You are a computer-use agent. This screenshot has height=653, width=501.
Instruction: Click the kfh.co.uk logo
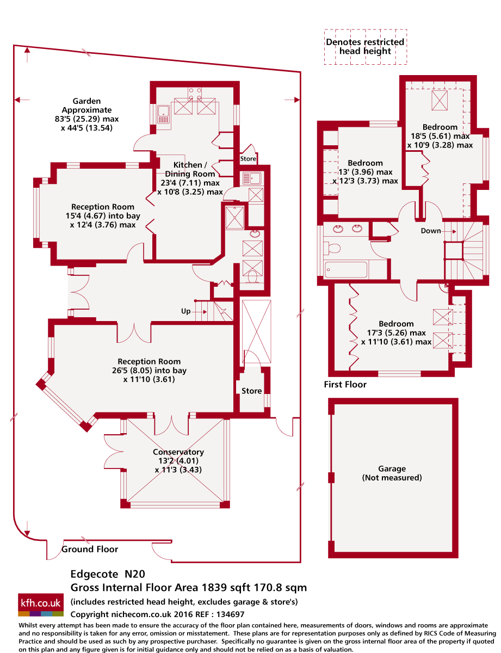(41, 605)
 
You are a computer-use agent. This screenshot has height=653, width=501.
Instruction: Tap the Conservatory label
(178, 452)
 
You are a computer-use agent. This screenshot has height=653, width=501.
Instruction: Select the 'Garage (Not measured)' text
(392, 473)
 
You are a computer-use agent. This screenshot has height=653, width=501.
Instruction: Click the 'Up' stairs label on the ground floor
(185, 311)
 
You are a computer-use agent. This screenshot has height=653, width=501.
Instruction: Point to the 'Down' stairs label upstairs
(430, 231)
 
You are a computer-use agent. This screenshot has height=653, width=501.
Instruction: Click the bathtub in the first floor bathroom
(345, 269)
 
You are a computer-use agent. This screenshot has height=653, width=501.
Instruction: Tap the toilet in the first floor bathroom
(332, 248)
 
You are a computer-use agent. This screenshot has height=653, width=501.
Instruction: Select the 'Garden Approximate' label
(86, 106)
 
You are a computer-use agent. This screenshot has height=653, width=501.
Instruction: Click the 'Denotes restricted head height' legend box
(365, 47)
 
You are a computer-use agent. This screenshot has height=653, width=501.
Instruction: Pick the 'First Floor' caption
(345, 384)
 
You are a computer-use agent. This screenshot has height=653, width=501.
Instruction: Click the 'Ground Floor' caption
(90, 549)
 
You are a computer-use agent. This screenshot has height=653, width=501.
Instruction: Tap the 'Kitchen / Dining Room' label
(190, 169)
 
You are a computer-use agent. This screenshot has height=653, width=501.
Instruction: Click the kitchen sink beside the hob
(164, 114)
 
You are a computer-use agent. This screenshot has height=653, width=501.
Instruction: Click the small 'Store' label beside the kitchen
(248, 159)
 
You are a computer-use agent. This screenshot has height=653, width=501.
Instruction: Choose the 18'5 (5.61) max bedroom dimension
(440, 136)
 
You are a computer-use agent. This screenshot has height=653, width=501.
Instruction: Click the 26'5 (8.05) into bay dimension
(149, 370)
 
